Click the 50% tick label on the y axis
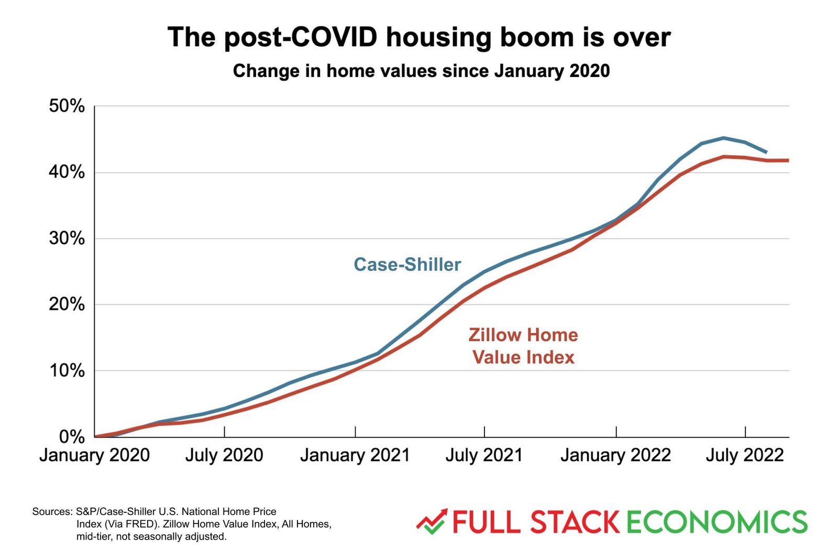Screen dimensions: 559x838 [x=67, y=106]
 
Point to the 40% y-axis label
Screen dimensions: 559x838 [x=67, y=172]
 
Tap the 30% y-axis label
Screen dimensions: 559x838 [x=67, y=239]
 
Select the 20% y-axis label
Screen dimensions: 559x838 [x=67, y=304]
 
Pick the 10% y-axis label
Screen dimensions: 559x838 [x=67, y=371]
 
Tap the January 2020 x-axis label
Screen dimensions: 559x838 [x=95, y=455]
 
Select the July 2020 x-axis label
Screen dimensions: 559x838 [x=224, y=455]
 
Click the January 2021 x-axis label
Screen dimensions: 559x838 [x=355, y=455]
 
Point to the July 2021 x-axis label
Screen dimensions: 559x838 [x=484, y=455]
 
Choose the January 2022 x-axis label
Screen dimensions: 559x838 [x=616, y=455]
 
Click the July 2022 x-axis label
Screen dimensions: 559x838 [x=745, y=455]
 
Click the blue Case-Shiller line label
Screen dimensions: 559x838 [x=407, y=265]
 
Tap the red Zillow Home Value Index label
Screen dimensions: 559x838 [x=523, y=346]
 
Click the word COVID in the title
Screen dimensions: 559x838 [x=333, y=38]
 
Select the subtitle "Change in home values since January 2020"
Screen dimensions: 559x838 [x=421, y=71]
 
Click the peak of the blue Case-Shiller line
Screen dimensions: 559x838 [x=723, y=138]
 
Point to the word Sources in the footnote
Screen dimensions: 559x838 [x=52, y=511]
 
